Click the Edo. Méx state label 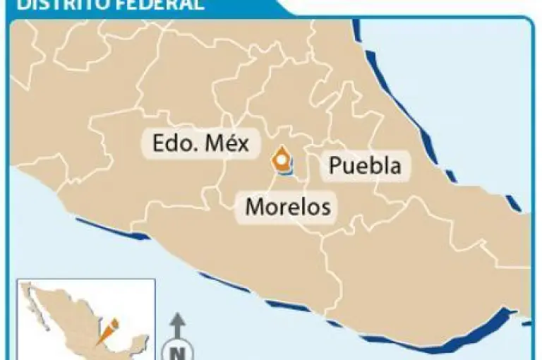coord(200,143)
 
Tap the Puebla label coord(365,166)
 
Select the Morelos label coord(287,207)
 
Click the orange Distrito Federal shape coord(283,161)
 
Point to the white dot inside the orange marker coord(282,161)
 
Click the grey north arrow coord(178,325)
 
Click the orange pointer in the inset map coord(108,330)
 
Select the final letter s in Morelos coord(325,208)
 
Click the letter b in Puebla coord(371,166)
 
